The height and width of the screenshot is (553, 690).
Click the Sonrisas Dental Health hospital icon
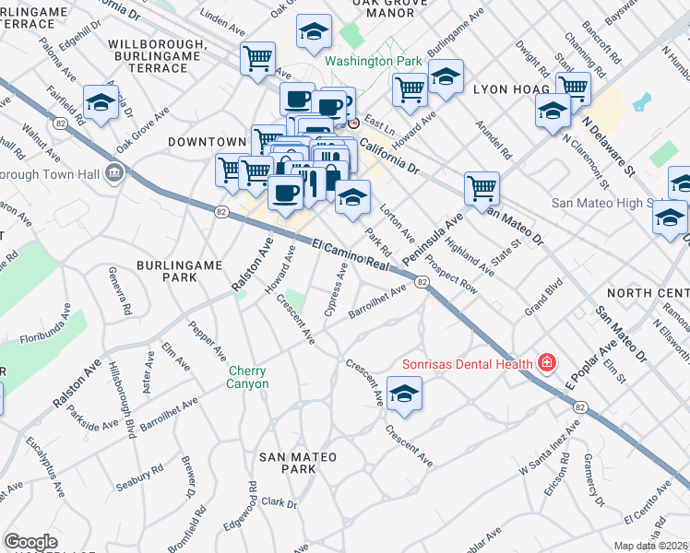tap(547, 363)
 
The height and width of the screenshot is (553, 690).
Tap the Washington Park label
tap(373, 63)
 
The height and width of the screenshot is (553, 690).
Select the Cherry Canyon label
tap(248, 378)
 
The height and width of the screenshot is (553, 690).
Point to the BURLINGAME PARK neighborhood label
tap(179, 271)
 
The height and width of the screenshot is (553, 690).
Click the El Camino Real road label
tap(354, 255)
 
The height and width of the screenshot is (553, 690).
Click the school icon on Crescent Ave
tap(404, 394)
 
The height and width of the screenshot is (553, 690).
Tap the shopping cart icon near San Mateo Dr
tap(482, 188)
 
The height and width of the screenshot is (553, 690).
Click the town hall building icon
tap(116, 172)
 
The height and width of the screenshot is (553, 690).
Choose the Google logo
tap(30, 542)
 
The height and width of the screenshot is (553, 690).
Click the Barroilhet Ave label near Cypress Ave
tap(377, 304)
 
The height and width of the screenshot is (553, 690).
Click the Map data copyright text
tap(651, 546)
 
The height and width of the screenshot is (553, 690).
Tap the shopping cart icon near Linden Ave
tap(257, 59)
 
